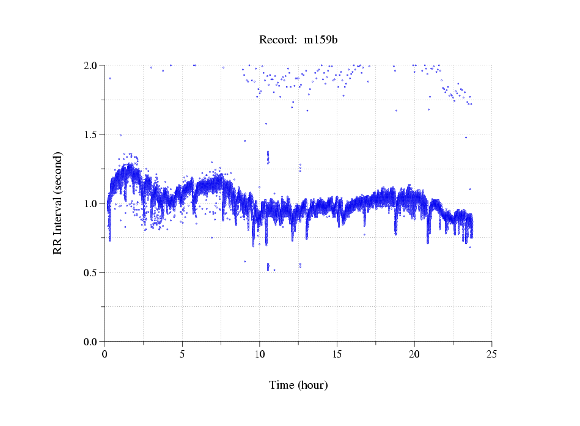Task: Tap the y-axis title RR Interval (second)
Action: click(57, 203)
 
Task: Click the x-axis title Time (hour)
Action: click(298, 385)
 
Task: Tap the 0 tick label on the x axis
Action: click(105, 354)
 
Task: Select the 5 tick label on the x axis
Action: click(182, 354)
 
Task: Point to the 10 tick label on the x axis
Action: click(260, 354)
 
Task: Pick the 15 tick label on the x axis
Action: click(337, 354)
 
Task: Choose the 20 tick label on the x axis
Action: click(414, 354)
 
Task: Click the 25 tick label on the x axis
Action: click(491, 354)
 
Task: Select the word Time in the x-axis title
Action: click(282, 385)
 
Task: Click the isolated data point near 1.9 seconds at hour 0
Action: click(110, 78)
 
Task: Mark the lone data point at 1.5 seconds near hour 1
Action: click(120, 135)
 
